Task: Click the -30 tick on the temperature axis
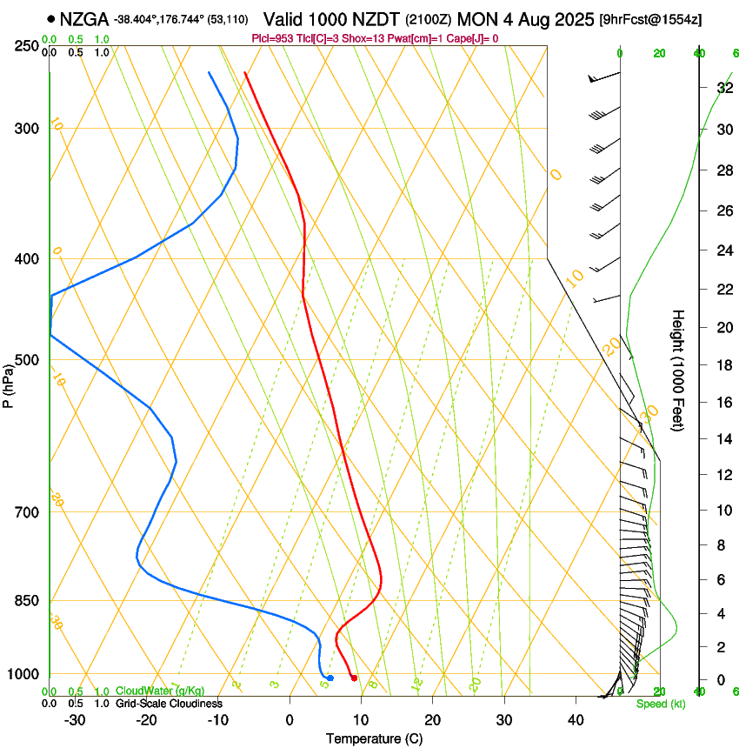point(75,720)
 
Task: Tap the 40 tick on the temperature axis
point(575,720)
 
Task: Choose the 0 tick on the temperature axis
point(290,720)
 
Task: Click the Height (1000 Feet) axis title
point(678,370)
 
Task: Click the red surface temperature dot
point(354,678)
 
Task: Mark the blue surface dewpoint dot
point(330,678)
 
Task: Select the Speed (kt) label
point(660,704)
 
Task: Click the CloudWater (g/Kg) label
point(160,691)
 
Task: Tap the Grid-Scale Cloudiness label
point(169,704)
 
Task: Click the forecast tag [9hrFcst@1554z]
point(650,18)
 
